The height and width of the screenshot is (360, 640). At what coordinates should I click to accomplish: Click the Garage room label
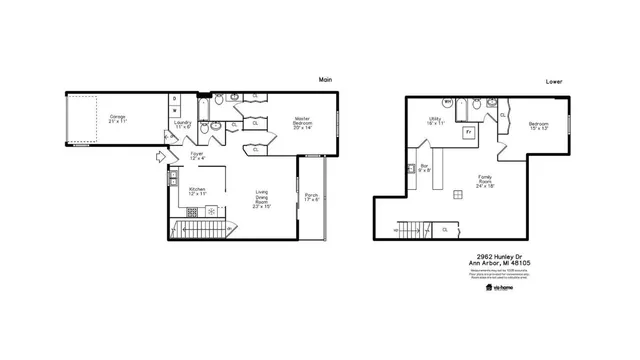coord(118,118)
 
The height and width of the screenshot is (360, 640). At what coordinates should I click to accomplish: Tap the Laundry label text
coord(183,125)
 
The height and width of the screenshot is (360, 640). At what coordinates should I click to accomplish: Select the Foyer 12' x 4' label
coord(198,155)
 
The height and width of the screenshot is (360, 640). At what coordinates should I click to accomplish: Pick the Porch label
coord(312,197)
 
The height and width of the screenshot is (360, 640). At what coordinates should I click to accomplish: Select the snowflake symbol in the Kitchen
coord(211,211)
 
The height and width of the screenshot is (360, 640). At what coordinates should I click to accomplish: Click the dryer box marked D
coord(175,98)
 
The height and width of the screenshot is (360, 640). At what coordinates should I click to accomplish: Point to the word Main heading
coord(325,80)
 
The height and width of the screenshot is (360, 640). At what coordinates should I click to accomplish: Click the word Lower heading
coord(553,80)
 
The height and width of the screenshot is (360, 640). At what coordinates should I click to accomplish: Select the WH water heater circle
coord(447,102)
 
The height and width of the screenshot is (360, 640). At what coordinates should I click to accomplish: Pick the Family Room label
coord(486,182)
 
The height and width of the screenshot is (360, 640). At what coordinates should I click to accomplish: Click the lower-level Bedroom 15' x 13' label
coord(539,125)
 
